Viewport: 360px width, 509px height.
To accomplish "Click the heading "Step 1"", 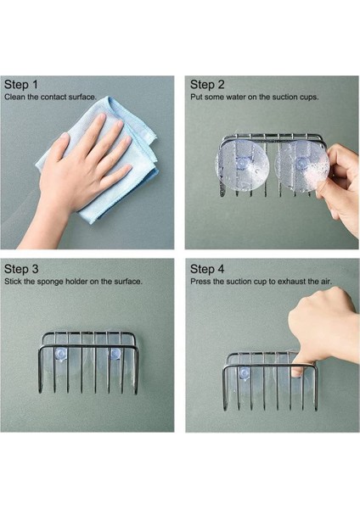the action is pyautogui.click(x=21, y=85).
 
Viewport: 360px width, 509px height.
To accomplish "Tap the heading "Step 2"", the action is pyautogui.click(x=207, y=85).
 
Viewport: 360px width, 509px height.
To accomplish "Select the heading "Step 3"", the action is pyautogui.click(x=21, y=269).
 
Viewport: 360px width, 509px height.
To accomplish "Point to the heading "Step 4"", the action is pyautogui.click(x=207, y=269).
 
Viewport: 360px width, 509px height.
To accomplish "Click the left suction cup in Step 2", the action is pyautogui.click(x=242, y=167).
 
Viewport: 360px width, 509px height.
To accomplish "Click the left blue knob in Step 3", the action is pyautogui.click(x=60, y=354).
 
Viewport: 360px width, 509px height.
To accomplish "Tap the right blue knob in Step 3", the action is pyautogui.click(x=114, y=354).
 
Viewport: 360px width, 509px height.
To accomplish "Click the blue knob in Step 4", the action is pyautogui.click(x=244, y=373).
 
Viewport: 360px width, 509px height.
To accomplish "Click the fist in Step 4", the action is pyautogui.click(x=322, y=327).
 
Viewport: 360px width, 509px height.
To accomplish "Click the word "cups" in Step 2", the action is pyautogui.click(x=309, y=97).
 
